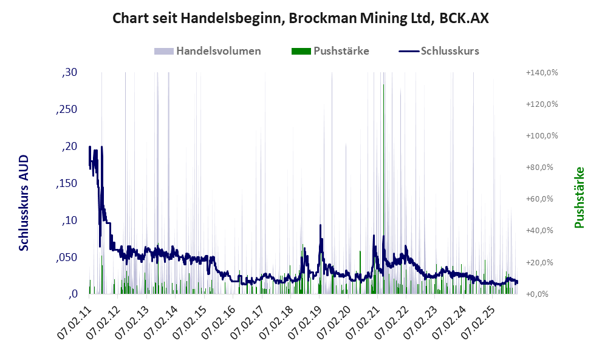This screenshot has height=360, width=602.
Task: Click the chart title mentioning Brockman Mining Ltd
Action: (301, 18)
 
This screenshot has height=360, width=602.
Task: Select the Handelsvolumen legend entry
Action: (218, 51)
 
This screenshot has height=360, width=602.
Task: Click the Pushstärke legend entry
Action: (341, 51)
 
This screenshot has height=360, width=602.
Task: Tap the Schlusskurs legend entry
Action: (450, 51)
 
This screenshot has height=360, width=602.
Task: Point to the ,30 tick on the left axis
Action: (69, 73)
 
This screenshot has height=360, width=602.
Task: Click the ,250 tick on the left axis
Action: (67, 110)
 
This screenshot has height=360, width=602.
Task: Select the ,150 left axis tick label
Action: (67, 183)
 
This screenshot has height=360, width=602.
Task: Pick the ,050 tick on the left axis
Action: (67, 257)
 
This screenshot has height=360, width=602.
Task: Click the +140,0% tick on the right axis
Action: (542, 73)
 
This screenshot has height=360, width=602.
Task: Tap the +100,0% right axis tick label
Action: (542, 136)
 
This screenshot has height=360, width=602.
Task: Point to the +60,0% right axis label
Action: (542, 199)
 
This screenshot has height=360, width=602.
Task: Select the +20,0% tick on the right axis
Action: (542, 262)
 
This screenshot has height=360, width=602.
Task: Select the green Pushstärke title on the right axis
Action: (578, 198)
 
